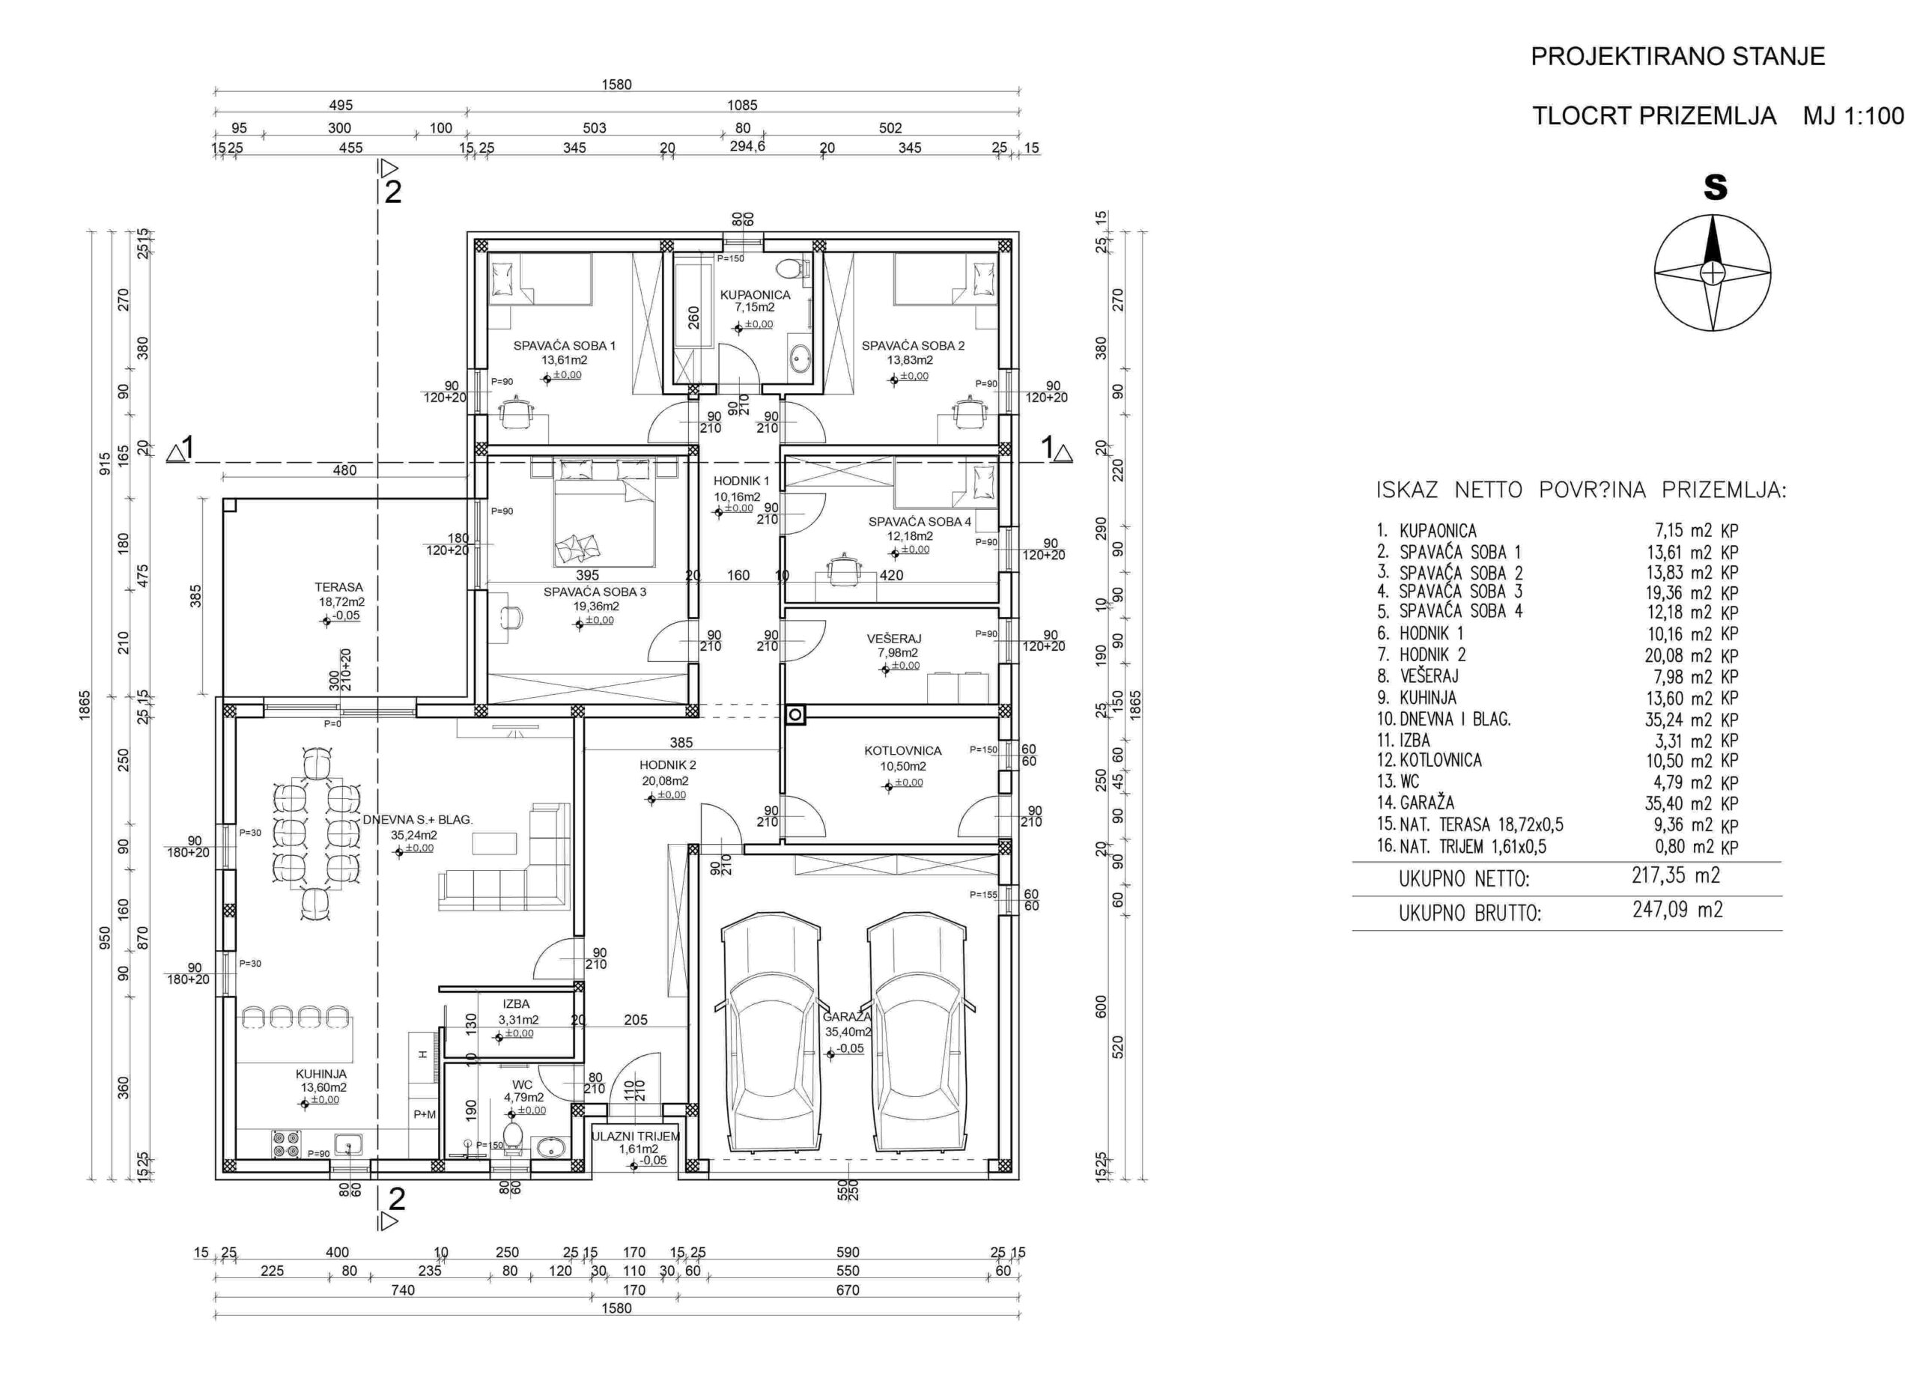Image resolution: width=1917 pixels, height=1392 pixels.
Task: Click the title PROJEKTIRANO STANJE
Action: [1678, 57]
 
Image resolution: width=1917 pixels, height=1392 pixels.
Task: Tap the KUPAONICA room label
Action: [755, 295]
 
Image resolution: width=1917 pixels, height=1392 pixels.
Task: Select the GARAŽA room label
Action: [847, 1017]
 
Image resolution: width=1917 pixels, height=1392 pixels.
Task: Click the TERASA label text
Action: [339, 586]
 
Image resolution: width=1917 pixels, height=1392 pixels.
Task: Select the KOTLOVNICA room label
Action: [903, 750]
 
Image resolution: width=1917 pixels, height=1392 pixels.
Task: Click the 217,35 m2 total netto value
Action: [1675, 875]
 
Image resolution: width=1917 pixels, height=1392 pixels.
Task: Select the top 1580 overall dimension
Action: [617, 85]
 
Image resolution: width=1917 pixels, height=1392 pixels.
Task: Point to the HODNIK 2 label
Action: [668, 765]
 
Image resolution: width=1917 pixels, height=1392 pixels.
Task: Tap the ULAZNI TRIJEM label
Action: [636, 1137]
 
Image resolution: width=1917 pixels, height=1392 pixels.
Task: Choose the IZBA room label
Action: [516, 1004]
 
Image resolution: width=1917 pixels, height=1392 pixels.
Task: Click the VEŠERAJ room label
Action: [893, 639]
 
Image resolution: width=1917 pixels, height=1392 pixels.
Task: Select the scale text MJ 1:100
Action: [1853, 115]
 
